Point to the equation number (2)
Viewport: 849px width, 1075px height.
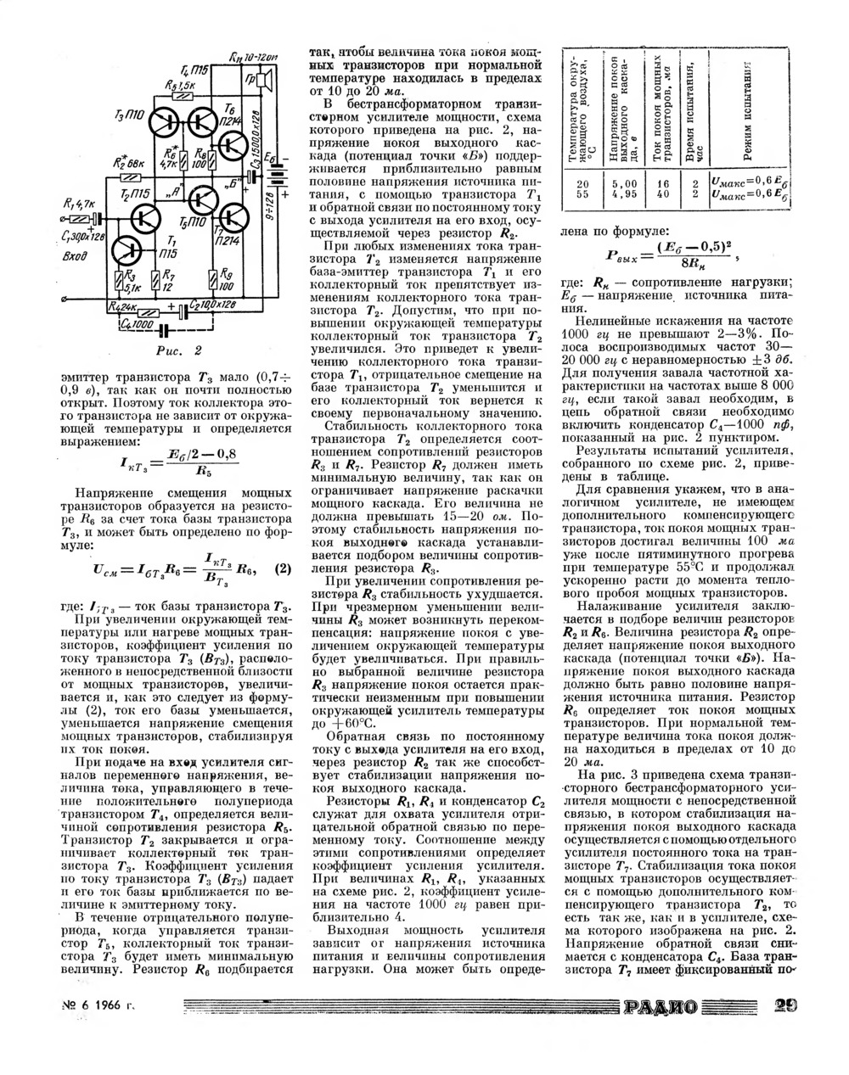(x=284, y=568)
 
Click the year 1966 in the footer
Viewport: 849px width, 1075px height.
(x=106, y=1006)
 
